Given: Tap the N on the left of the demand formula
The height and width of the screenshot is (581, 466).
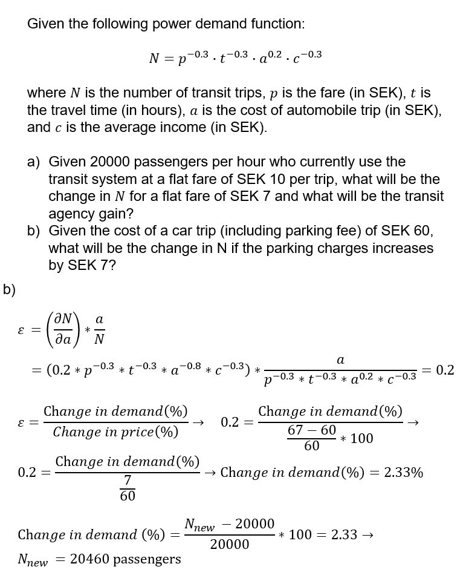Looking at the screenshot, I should click(x=154, y=59).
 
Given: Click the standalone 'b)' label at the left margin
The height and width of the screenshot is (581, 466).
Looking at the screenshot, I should click(x=9, y=289).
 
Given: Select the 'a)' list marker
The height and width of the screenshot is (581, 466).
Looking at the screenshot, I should click(x=34, y=162).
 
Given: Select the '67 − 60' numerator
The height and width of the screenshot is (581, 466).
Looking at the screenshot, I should click(x=312, y=430).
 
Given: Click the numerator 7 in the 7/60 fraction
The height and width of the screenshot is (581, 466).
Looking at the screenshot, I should click(x=128, y=481).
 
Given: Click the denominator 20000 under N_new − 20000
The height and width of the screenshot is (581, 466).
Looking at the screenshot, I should click(x=230, y=544).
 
